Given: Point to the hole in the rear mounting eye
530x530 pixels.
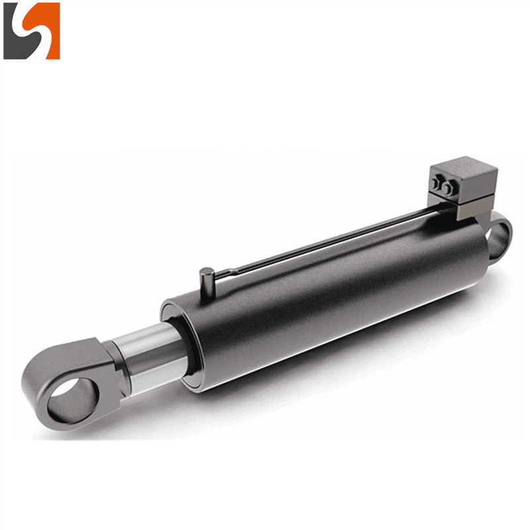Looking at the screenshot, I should (498, 234).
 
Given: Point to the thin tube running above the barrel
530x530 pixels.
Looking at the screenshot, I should (331, 242).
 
